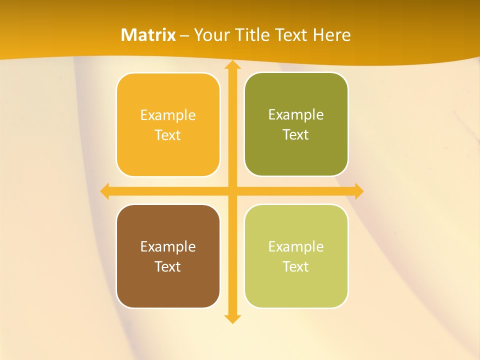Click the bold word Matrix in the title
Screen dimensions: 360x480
point(148,35)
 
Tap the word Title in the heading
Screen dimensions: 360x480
point(252,35)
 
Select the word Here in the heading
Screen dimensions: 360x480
point(331,35)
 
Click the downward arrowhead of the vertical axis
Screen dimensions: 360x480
point(232,318)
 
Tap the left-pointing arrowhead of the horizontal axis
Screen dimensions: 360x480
point(104,191)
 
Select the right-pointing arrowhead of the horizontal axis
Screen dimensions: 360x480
point(359,191)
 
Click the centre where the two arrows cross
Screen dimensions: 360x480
point(232,191)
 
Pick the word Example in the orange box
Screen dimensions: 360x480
point(168,115)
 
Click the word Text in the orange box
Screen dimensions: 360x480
point(168,135)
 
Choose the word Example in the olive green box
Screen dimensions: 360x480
point(296,115)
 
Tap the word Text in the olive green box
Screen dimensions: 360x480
point(296,135)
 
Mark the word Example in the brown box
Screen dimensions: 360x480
point(168,247)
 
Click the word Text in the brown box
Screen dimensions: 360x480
point(168,267)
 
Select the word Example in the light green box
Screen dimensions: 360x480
point(296,247)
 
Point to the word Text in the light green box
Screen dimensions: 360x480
point(296,267)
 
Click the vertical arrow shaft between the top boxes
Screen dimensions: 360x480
point(232,125)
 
